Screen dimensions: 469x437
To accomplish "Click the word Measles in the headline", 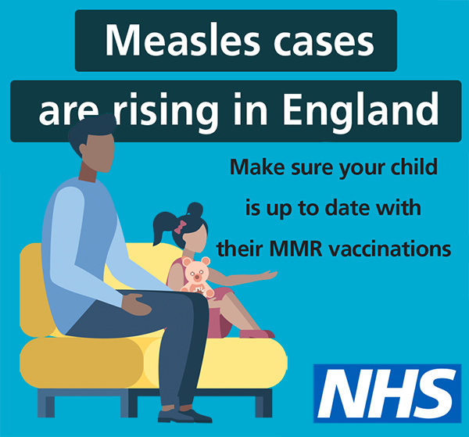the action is [182, 41].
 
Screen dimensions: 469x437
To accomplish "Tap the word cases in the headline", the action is [324, 44].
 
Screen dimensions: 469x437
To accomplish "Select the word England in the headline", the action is [361, 109].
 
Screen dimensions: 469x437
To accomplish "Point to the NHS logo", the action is [388, 393].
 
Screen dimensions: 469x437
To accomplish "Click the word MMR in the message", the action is [296, 249].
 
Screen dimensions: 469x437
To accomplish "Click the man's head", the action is [93, 144].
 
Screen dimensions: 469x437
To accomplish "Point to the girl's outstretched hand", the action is [267, 275].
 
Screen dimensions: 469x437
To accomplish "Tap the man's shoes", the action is [184, 415].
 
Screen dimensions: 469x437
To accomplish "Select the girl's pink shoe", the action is [256, 334].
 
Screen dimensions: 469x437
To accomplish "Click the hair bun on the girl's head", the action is [195, 209].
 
